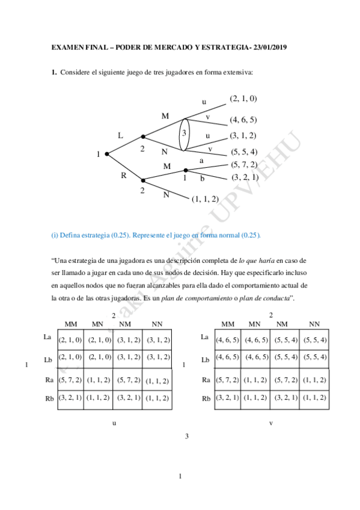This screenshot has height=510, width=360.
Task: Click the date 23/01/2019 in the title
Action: (270, 47)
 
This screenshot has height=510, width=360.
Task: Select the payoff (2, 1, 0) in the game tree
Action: (243, 98)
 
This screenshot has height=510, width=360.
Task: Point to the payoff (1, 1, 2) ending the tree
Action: (205, 198)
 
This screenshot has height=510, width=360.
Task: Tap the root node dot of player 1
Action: (107, 154)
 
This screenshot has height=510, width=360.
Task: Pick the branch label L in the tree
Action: (120, 136)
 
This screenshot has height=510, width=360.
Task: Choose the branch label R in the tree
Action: (123, 176)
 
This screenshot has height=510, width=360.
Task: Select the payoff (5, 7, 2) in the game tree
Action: (244, 164)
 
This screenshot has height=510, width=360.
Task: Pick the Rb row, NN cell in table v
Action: (315, 398)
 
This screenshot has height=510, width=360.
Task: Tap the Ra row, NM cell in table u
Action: (129, 380)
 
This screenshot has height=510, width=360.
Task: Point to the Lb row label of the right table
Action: (205, 360)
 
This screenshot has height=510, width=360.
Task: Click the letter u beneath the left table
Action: (114, 423)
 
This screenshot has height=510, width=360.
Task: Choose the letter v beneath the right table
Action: (271, 423)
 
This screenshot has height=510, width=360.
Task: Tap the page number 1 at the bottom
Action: (180, 477)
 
